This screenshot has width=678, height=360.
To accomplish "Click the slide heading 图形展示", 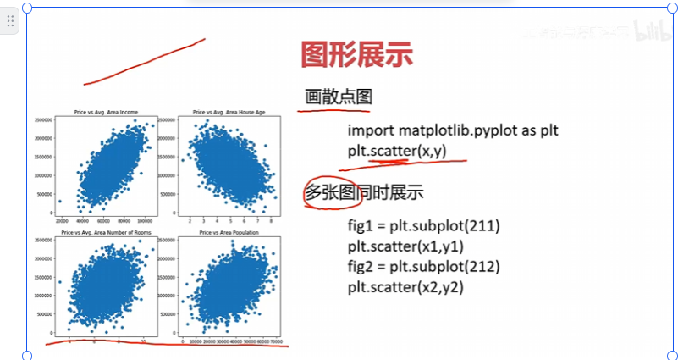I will pyautogui.click(x=356, y=56).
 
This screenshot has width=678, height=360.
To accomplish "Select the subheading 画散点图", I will pyautogui.click(x=339, y=97).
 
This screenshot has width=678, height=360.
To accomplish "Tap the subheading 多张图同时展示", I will pyautogui.click(x=364, y=193).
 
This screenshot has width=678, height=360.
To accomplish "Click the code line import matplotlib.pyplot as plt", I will pyautogui.click(x=453, y=131).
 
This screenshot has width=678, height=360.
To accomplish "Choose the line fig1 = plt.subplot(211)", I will pyautogui.click(x=424, y=226).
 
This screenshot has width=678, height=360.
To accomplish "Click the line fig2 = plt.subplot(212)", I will pyautogui.click(x=424, y=267).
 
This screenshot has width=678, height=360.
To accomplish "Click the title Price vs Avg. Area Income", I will pyautogui.click(x=106, y=113).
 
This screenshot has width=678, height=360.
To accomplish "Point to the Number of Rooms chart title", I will pyautogui.click(x=106, y=232).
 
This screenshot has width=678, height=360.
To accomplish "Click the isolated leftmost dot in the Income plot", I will pyautogui.click(x=60, y=202).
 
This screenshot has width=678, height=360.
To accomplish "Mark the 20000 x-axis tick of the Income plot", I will pyautogui.click(x=62, y=220).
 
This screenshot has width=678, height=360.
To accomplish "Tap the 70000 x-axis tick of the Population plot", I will pyautogui.click(x=275, y=341).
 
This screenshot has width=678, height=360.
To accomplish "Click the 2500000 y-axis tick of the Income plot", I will pyautogui.click(x=46, y=120).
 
